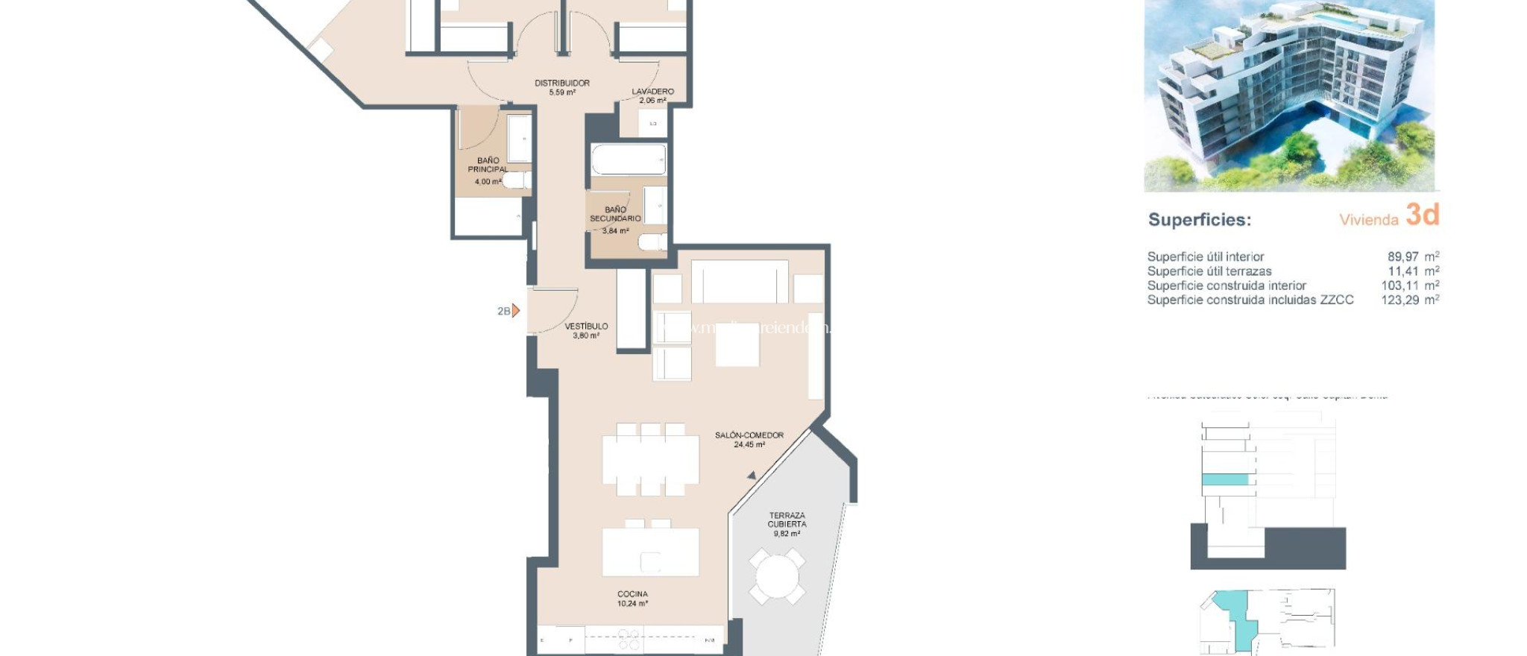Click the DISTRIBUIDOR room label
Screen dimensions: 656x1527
[562, 87]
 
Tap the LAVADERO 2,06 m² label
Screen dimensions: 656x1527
[652, 95]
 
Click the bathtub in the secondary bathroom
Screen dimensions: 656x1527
[629, 160]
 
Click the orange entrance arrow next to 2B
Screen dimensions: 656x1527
[516, 311]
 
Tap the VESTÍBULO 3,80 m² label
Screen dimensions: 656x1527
[586, 331]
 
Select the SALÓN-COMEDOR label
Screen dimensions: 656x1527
[749, 439]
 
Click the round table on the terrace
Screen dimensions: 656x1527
[777, 577]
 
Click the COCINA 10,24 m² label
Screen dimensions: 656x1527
[632, 599]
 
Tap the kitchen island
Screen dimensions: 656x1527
[650, 552]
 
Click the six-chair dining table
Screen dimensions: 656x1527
[650, 460]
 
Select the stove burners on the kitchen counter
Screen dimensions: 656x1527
[628, 640]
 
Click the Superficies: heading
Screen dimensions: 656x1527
[1199, 220]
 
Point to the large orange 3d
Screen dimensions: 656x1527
[1422, 215]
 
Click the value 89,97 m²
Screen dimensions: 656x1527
[1412, 256]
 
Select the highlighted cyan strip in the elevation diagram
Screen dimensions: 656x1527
[1225, 480]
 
